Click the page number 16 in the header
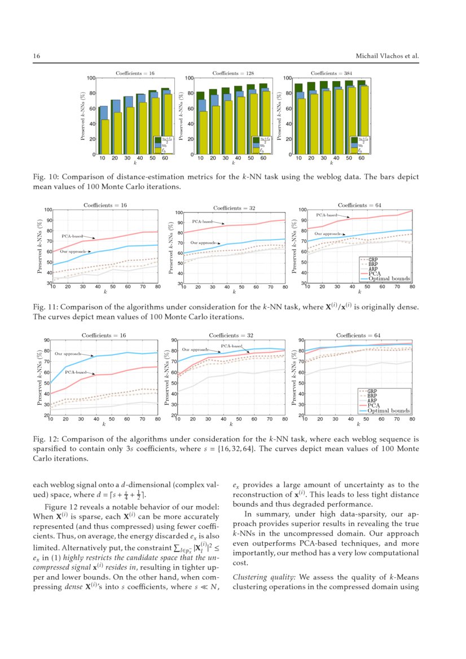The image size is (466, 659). pyautogui.click(x=36, y=56)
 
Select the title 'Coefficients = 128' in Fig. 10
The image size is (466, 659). pyautogui.click(x=232, y=73)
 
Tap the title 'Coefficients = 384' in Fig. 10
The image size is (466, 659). pyautogui.click(x=329, y=73)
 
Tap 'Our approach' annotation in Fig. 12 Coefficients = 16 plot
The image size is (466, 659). pyautogui.click(x=68, y=353)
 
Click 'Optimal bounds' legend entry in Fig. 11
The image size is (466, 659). pyautogui.click(x=389, y=278)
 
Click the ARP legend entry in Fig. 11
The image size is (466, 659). pyautogui.click(x=373, y=268)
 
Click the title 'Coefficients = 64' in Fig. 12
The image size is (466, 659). pyautogui.click(x=358, y=336)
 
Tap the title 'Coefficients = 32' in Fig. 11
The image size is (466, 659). pyautogui.click(x=233, y=208)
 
